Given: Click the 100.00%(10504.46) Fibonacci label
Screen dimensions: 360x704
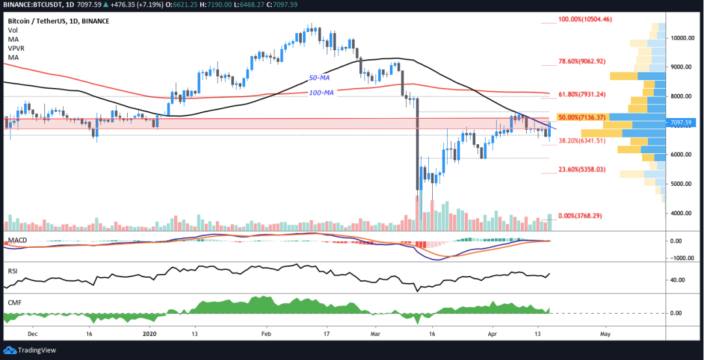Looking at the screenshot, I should pos(585,20).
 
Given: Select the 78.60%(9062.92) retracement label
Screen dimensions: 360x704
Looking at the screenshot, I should pos(582,61).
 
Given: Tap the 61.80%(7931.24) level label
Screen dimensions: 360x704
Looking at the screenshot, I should pos(582,95).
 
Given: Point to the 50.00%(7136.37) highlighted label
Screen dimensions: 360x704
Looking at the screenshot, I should pos(583,117).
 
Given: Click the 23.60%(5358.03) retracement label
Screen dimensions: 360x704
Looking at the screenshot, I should pos(582,170).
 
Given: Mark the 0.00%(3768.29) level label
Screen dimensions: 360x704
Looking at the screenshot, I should pos(579,216).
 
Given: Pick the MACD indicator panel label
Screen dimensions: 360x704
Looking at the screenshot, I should pos(18,241).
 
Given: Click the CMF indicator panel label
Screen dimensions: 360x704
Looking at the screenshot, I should pos(14,301).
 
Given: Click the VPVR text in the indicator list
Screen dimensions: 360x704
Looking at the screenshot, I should pos(16,48).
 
